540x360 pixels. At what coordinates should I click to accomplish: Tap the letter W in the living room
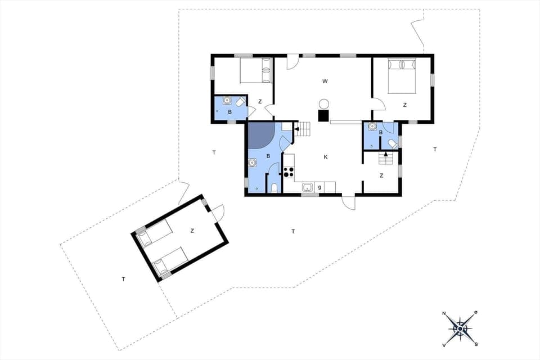325,82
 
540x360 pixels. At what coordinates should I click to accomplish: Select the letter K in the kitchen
326,157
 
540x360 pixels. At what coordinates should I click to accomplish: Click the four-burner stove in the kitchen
289,172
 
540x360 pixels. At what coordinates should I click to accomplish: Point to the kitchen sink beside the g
307,187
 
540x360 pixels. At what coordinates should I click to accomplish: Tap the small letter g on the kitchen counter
319,187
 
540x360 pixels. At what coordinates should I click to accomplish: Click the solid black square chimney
323,116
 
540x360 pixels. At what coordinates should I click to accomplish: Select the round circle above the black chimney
324,104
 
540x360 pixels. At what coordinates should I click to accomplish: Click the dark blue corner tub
260,136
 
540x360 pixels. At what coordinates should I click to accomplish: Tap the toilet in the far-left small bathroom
240,102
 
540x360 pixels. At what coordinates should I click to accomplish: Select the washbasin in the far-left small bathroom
227,101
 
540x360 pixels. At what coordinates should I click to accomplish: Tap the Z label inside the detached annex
192,231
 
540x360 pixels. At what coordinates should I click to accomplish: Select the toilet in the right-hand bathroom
392,145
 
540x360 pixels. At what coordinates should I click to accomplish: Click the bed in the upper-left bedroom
256,71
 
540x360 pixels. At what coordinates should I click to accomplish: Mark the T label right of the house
435,149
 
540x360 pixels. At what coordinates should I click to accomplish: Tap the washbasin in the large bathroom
251,163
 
